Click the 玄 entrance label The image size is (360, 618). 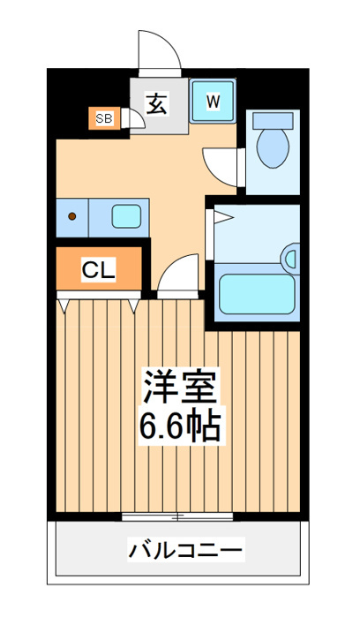pos(157,103)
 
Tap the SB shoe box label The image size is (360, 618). pos(104,117)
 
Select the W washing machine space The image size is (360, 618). pos(213,101)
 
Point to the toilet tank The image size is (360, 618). pos(273,120)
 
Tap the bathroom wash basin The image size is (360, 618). pos(291,259)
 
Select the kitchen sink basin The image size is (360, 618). pos(126,216)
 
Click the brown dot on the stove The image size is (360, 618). pos(72,216)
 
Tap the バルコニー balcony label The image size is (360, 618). pos(185,549)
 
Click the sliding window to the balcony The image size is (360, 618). pos(177,516)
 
